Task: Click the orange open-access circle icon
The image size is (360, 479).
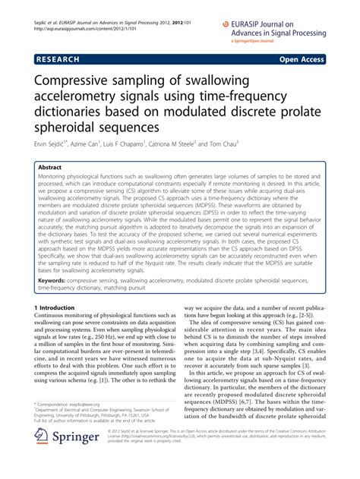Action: (226, 24)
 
